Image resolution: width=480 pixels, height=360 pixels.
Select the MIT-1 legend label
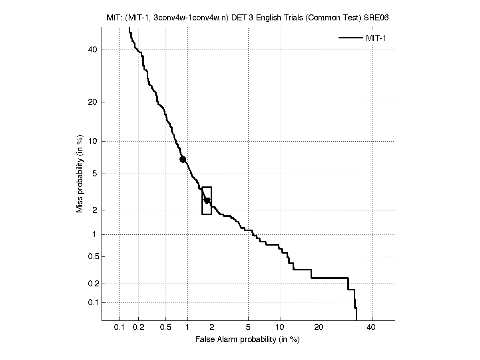(x=378, y=38)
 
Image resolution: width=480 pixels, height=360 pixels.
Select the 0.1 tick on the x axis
(x=120, y=328)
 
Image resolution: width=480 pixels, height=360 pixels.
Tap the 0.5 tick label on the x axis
(x=165, y=328)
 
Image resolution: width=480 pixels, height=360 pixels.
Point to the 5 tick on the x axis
(x=248, y=328)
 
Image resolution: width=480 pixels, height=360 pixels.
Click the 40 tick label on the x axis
(x=371, y=328)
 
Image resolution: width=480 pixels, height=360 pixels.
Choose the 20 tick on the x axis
(x=318, y=328)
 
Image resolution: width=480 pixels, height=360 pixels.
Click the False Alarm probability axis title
(x=247, y=340)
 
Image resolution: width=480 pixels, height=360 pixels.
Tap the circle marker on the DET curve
(x=183, y=159)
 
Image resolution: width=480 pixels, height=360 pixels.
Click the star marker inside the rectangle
(x=207, y=200)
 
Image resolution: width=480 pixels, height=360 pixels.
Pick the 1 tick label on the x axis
(x=187, y=328)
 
